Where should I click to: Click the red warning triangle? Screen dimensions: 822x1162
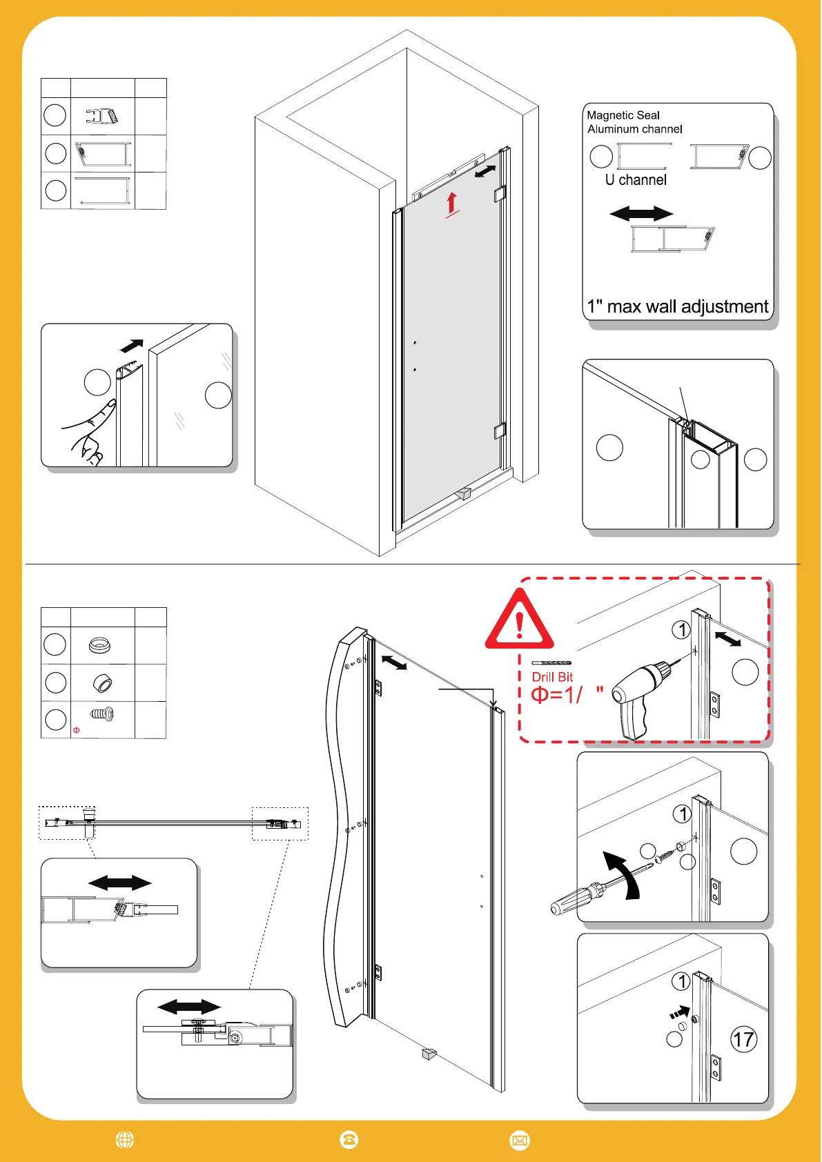tap(519, 620)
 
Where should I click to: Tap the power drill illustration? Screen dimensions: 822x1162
tap(639, 697)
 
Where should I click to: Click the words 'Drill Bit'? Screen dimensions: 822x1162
tap(552, 677)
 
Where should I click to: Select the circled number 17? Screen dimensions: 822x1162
tap(743, 1039)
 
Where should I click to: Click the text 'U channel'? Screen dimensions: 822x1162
tap(636, 180)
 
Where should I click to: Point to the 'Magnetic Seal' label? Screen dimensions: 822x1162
tap(623, 115)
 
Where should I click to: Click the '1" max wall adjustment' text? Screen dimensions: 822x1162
tap(677, 306)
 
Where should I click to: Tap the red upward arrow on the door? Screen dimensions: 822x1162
tap(452, 204)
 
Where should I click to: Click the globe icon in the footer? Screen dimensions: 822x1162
tap(125, 1140)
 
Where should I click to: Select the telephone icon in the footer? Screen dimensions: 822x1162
tap(349, 1140)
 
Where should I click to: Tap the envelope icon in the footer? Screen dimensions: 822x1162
tap(520, 1141)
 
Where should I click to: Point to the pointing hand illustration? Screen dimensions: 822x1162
tap(90, 431)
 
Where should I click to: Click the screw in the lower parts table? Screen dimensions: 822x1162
tap(102, 714)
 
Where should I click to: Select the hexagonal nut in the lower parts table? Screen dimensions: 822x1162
tap(102, 683)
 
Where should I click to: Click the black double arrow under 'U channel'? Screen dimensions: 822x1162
tap(641, 214)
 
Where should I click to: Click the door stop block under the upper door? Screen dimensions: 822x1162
tap(464, 493)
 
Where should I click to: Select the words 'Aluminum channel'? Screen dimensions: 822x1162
tap(635, 129)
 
